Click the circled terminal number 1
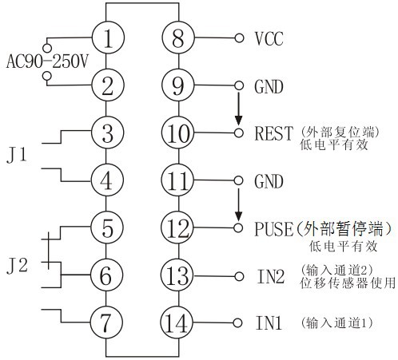pyautogui.click(x=108, y=37)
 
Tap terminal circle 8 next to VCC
pyautogui.click(x=177, y=37)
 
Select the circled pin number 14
pyautogui.click(x=177, y=322)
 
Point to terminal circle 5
pyautogui.click(x=108, y=227)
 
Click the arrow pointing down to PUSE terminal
pyautogui.click(x=237, y=205)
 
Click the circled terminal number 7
pyautogui.click(x=108, y=322)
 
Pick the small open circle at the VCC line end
pyautogui.click(x=237, y=38)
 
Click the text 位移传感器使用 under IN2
pyautogui.click(x=348, y=283)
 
